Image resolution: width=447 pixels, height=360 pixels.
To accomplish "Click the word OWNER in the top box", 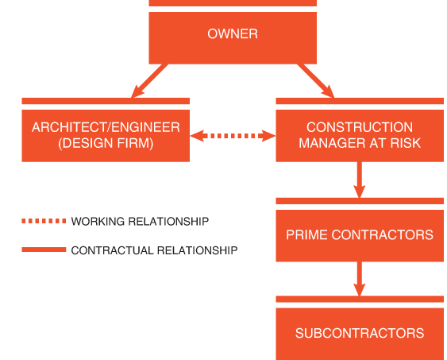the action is (x=233, y=34).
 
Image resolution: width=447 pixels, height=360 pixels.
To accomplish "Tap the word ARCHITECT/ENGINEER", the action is (x=106, y=127).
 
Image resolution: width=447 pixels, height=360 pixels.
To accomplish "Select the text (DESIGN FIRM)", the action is (x=106, y=143).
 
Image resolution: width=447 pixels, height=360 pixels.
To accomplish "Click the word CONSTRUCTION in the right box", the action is (x=360, y=127).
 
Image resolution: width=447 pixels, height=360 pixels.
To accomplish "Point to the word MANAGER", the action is (x=332, y=143).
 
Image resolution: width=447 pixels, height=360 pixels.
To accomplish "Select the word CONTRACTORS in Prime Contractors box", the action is (x=382, y=234).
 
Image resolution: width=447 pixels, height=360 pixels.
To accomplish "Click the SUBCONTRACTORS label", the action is (x=360, y=333).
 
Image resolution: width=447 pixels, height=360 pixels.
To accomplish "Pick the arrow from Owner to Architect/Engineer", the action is (x=149, y=81).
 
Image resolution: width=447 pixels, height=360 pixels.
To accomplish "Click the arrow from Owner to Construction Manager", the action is (x=315, y=81).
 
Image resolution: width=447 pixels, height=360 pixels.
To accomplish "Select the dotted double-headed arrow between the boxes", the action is (x=233, y=136).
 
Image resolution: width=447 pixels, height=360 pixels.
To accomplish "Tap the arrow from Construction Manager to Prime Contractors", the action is (x=360, y=180).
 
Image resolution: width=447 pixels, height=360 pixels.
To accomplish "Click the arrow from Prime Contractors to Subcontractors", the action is (x=360, y=279).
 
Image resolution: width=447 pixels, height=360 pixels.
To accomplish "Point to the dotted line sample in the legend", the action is (x=44, y=221).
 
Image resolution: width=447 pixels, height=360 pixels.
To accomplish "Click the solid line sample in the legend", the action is (x=44, y=250).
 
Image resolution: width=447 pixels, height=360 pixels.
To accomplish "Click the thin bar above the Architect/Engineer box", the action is (x=106, y=101).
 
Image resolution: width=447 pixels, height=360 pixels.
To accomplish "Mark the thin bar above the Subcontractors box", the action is (x=360, y=299).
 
